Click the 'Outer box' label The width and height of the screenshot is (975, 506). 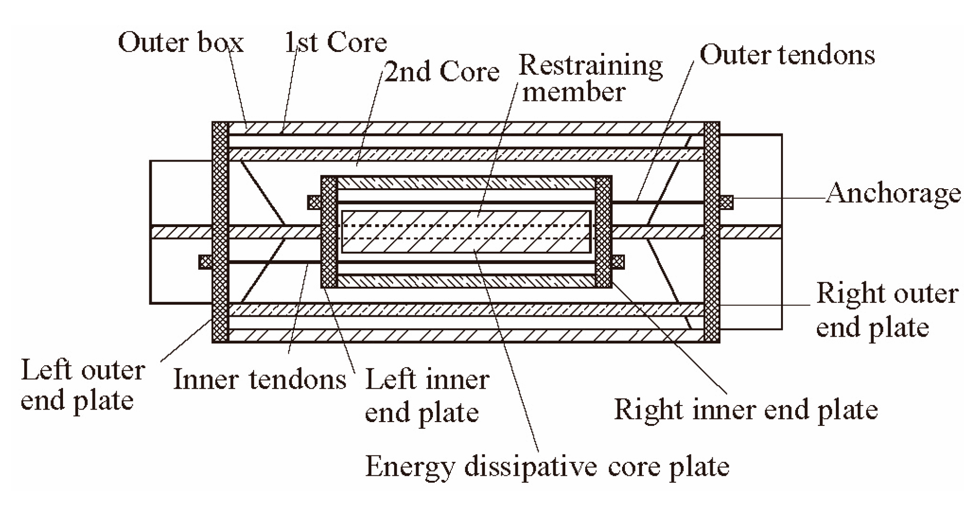click(180, 43)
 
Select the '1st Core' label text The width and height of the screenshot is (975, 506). click(336, 43)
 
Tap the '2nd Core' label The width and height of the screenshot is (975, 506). click(442, 72)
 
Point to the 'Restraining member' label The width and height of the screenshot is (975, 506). click(590, 79)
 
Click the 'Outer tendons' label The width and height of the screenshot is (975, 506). click(787, 55)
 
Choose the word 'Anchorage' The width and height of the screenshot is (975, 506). click(893, 194)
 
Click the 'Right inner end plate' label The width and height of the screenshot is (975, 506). click(746, 410)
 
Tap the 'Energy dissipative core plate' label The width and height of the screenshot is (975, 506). click(547, 467)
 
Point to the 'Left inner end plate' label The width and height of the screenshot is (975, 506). click(427, 395)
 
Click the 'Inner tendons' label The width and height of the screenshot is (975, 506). click(260, 379)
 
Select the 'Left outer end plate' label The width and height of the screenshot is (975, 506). click(82, 386)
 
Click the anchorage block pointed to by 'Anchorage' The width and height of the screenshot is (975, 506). click(726, 202)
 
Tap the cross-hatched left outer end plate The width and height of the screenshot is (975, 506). click(220, 232)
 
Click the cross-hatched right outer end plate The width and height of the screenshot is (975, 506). click(711, 232)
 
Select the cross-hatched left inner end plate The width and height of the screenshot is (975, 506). click(329, 232)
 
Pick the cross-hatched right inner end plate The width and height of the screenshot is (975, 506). click(603, 232)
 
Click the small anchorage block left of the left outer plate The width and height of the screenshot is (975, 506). click(206, 262)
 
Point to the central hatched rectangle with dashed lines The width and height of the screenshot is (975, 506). click(466, 232)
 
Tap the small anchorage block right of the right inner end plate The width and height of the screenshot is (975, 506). click(618, 262)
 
